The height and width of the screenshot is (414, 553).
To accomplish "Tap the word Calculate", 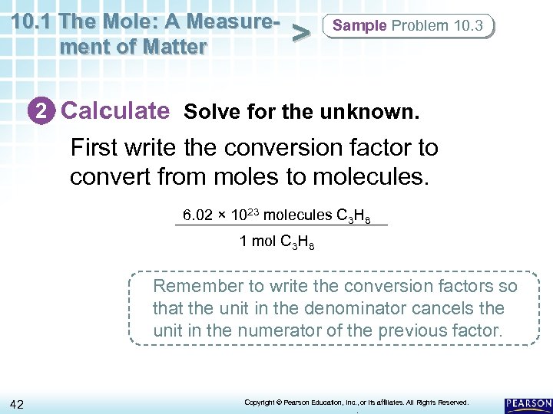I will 115,111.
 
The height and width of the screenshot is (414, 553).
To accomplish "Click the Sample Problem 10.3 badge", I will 408,25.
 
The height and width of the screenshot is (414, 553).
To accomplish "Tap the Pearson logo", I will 528,403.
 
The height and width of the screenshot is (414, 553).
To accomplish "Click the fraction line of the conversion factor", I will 282,225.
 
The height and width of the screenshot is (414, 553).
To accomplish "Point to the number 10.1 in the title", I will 31,20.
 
